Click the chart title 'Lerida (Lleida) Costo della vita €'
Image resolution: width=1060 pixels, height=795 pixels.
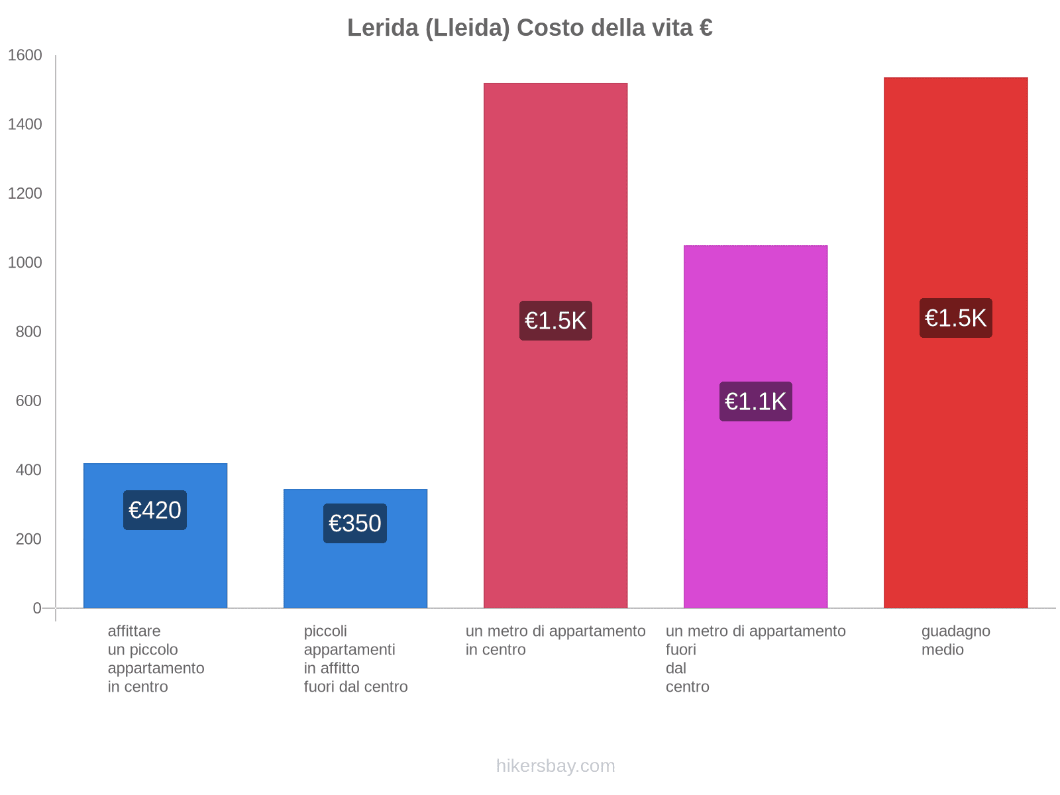coord(529,28)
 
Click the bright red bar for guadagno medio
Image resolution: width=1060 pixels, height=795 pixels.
coord(955,464)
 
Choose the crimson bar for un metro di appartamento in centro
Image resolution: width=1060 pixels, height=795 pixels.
coord(555,464)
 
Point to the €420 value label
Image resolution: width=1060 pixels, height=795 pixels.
coord(155,510)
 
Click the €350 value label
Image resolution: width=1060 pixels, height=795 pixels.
coord(355,523)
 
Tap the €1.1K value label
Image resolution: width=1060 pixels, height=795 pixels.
coord(755,401)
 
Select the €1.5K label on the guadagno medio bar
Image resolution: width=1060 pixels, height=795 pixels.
coord(955,318)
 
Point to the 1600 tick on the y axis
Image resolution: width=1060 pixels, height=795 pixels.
coord(25,56)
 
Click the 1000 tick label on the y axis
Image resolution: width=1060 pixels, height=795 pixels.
coord(25,263)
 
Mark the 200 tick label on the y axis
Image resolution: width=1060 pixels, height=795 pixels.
coord(28,539)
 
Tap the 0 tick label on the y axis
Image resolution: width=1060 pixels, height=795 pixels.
coord(37,608)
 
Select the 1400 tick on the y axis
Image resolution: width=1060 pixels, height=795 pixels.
coord(25,125)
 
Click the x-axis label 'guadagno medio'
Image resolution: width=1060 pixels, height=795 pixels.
coord(955,641)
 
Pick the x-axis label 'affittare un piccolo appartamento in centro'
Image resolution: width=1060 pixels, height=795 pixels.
coord(156,659)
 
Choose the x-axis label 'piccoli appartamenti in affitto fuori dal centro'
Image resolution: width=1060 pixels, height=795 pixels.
coord(356,659)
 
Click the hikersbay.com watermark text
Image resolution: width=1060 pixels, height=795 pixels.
coord(555,766)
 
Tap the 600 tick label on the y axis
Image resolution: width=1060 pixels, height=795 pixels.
coord(28,401)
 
